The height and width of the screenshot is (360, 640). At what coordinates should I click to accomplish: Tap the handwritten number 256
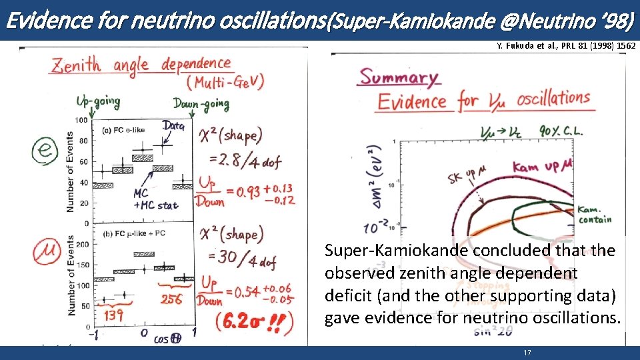click(x=171, y=299)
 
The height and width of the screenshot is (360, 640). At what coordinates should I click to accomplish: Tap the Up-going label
click(x=98, y=102)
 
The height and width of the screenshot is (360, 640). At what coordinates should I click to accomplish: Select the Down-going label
click(x=201, y=104)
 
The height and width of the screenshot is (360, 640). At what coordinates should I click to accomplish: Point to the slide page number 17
click(x=527, y=353)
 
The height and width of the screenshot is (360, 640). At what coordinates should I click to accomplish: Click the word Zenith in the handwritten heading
click(x=79, y=65)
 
